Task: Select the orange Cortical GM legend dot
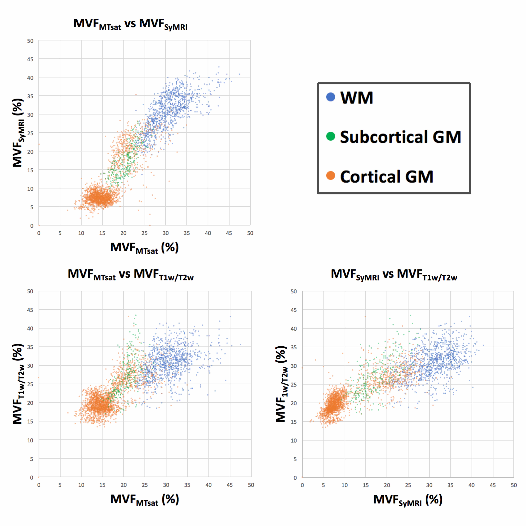[331, 176]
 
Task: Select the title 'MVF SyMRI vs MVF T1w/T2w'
[394, 275]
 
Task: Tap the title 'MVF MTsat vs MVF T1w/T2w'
[130, 275]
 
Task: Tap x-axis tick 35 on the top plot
[187, 233]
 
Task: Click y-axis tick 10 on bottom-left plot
[30, 440]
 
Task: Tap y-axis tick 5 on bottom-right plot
[295, 459]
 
